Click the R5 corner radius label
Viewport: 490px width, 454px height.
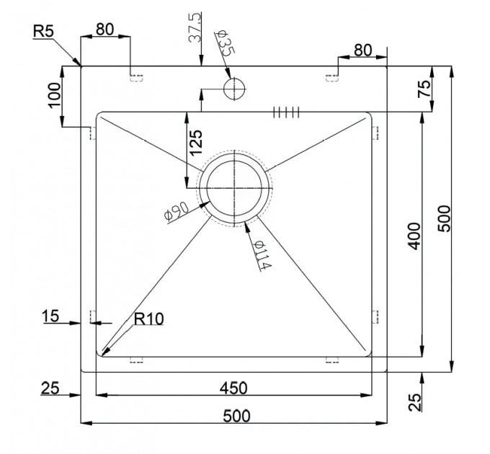44,31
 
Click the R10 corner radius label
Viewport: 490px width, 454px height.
148,319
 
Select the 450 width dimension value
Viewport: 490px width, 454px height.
233,388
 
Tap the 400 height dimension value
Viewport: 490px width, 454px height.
414,236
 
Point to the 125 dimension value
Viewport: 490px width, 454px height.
197,143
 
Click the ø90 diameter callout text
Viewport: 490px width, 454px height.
177,211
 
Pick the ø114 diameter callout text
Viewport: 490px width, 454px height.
262,254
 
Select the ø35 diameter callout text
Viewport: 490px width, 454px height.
225,43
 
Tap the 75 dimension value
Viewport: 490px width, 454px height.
424,89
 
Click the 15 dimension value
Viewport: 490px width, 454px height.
50,316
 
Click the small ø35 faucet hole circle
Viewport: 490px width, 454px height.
234,89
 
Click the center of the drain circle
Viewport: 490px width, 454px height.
234,188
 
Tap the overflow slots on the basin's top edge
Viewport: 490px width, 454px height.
286,112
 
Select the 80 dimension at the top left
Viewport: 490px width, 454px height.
104,30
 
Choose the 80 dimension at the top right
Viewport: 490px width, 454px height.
363,50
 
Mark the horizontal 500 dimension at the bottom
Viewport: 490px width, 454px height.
236,417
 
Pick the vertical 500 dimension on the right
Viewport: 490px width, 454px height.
444,218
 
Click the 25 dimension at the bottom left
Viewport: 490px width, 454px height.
50,388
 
